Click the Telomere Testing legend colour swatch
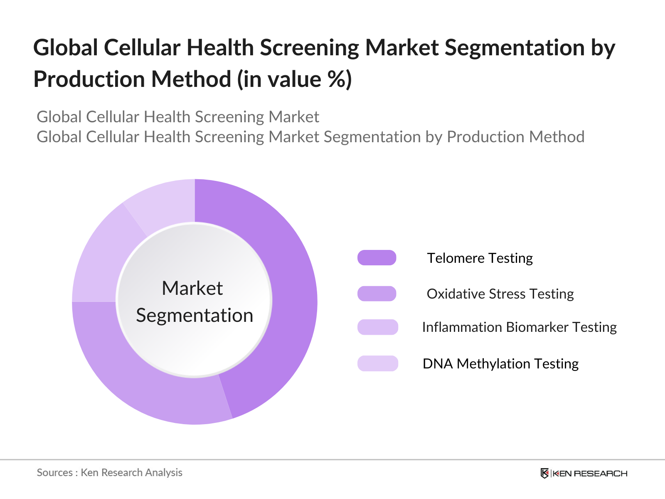coord(377,258)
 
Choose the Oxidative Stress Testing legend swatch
coord(377,294)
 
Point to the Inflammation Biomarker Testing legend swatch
coord(377,327)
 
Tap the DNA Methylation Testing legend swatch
coord(377,363)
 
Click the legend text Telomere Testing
coord(480,258)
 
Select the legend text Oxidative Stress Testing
coord(500,294)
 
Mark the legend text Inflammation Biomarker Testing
coord(519,327)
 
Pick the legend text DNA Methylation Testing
coord(500,364)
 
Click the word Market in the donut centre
coord(192,288)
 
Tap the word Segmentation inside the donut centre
coord(195,316)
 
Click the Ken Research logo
coord(584,473)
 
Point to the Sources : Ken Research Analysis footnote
coord(109,473)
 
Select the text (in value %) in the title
coord(294,79)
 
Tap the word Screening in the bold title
coord(309,47)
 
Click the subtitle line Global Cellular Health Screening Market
coord(178,117)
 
